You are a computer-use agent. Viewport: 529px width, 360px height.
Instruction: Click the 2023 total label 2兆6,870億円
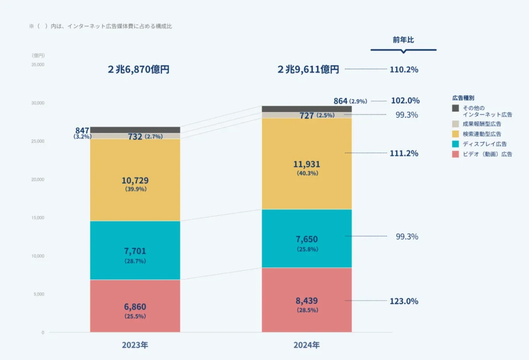coord(138,70)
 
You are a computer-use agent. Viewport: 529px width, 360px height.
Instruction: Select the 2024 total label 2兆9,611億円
coord(308,70)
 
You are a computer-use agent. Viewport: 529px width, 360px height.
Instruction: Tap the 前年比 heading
coord(403,40)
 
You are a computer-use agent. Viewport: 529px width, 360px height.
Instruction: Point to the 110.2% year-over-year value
coord(403,69)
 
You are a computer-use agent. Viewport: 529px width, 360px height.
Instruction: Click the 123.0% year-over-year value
coord(403,301)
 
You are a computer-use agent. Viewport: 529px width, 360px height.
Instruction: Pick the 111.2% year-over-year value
coord(403,153)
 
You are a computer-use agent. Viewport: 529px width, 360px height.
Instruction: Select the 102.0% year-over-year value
coord(404,101)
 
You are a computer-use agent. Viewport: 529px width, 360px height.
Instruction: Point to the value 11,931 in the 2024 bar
coord(307,164)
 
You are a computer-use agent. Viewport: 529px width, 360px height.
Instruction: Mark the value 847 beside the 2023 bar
coord(82,130)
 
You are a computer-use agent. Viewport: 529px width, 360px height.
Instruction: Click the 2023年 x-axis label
coord(135,345)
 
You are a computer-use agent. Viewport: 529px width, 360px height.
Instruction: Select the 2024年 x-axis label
coord(307,345)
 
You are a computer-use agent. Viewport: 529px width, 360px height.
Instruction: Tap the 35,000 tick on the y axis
coord(38,65)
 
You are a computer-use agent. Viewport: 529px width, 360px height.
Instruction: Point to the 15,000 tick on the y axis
coord(38,218)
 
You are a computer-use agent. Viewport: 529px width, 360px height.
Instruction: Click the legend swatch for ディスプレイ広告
coord(455,144)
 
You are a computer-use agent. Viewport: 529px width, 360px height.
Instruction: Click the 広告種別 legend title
coord(463,97)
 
